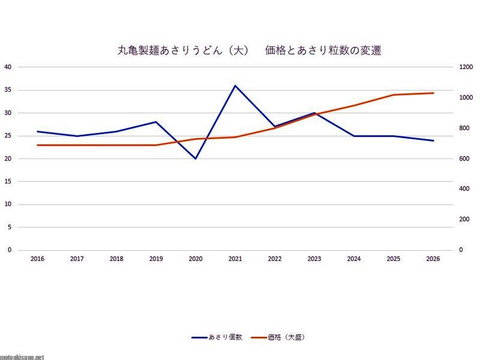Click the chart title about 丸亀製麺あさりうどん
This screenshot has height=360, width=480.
(x=249, y=51)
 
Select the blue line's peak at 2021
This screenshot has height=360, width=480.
(x=235, y=85)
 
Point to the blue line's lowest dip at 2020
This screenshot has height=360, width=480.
(x=196, y=158)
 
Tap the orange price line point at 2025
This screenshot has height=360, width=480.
(x=394, y=95)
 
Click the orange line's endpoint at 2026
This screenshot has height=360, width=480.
(x=433, y=93)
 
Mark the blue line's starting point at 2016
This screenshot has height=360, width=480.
(x=37, y=131)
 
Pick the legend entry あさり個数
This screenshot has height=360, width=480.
(x=217, y=338)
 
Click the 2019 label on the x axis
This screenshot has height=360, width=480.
(x=156, y=259)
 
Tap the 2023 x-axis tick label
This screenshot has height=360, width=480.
(x=314, y=259)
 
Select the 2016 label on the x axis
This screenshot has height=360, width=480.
(x=37, y=259)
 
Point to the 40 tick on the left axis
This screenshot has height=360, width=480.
(x=8, y=67)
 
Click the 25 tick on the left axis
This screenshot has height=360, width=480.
(x=8, y=136)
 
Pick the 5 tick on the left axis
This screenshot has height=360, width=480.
(x=10, y=227)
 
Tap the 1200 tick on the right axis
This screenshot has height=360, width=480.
(x=450, y=67)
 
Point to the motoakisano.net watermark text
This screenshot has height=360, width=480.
(x=22, y=356)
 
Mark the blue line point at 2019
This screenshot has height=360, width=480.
(x=156, y=122)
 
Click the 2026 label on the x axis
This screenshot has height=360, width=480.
(x=433, y=259)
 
